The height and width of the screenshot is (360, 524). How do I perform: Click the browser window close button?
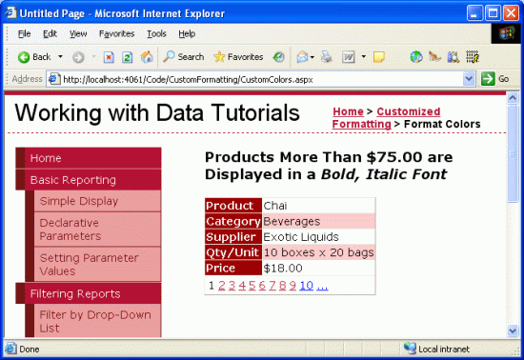[x=511, y=13]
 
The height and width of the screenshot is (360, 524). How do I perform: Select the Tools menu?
[x=156, y=33]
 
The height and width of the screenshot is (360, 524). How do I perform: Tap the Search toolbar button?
[x=184, y=57]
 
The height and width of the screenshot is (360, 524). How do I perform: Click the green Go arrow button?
[x=488, y=79]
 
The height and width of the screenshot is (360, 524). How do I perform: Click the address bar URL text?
[x=188, y=79]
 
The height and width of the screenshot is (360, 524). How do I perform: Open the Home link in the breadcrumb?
[x=348, y=111]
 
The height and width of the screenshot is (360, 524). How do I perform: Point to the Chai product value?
[x=275, y=206]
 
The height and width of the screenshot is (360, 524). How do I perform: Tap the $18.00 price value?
[x=283, y=269]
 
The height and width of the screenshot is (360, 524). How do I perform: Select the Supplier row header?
[x=233, y=237]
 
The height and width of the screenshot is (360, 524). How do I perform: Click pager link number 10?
[x=307, y=286]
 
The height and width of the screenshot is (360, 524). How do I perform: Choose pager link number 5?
[x=252, y=286]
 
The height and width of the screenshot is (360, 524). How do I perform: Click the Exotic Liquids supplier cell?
[x=301, y=237]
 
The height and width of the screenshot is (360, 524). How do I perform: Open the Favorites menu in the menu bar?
[x=116, y=33]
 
